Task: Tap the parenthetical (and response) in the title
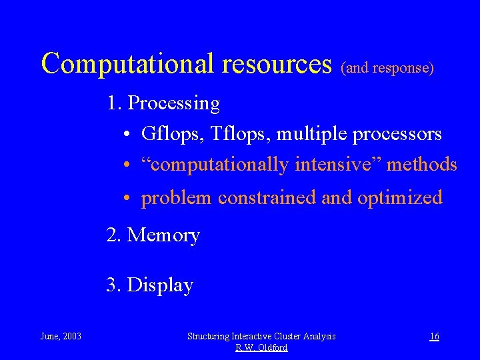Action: point(387,68)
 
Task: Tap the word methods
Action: point(424,164)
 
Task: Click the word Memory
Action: point(163,235)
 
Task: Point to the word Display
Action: point(160,285)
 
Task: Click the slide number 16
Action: point(434,336)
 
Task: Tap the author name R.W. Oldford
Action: point(261,347)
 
